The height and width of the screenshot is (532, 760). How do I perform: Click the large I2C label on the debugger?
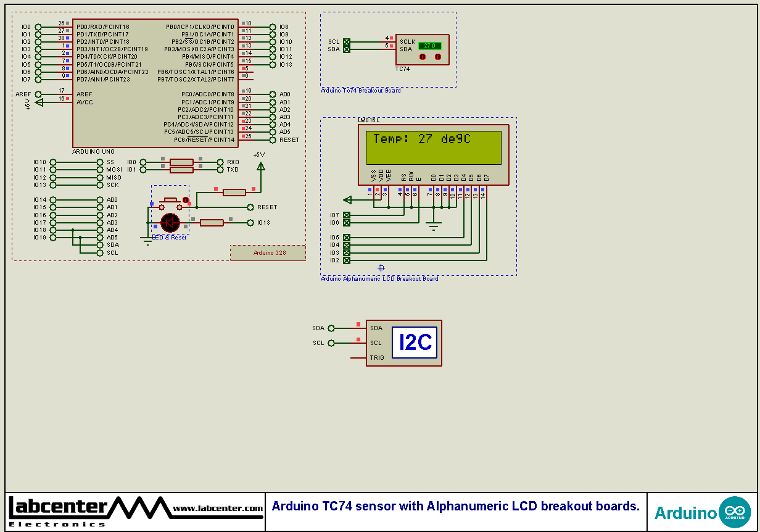click(415, 343)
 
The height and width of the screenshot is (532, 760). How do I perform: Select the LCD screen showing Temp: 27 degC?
click(434, 146)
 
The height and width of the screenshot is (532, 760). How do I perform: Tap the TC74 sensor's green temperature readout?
click(429, 46)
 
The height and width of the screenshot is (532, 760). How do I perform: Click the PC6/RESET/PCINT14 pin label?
click(205, 140)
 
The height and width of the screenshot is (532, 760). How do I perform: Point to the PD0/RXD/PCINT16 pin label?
click(103, 27)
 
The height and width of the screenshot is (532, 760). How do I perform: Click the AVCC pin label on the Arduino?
click(85, 102)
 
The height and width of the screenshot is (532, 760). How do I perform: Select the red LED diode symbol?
click(170, 222)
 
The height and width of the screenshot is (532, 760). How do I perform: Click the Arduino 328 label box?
click(269, 253)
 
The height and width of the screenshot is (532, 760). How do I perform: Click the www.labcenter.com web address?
click(218, 509)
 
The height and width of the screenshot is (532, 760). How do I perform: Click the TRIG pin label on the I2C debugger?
click(377, 358)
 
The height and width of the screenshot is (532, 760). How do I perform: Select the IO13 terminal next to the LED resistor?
click(250, 223)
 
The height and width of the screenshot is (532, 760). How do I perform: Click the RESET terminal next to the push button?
click(250, 207)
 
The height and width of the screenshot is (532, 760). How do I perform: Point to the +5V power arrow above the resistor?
click(260, 165)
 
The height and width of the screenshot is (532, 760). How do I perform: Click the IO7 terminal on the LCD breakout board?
click(346, 215)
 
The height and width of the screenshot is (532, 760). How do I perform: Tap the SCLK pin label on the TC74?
click(407, 42)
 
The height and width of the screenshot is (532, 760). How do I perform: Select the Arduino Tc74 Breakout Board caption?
click(361, 91)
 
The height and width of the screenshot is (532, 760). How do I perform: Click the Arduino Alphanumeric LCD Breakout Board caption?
click(379, 279)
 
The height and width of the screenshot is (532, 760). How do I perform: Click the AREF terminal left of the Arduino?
click(38, 94)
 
